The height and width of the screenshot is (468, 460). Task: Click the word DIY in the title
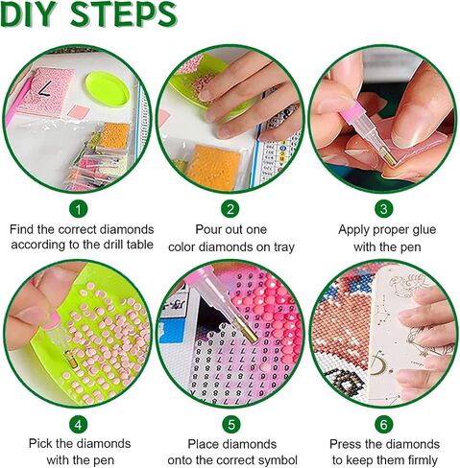pos(30,14)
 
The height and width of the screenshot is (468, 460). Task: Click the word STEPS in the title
pos(124,14)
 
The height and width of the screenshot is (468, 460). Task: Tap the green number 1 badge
pos(78,210)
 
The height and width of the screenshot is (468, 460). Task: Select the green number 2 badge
pos(230,209)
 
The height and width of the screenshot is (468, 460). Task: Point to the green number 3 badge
pos(383,209)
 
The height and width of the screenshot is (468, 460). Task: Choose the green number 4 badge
pos(78,425)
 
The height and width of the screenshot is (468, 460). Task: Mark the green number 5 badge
pos(231,425)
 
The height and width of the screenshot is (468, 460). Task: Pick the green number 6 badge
pos(383,425)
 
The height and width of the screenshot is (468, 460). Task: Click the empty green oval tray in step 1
pos(108,89)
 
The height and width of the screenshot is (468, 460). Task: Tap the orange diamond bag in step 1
pos(114,135)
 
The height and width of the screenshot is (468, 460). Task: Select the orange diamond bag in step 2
pos(214,167)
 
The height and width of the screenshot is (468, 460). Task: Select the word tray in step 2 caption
pos(283,247)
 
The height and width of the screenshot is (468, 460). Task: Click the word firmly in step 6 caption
pos(423,460)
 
